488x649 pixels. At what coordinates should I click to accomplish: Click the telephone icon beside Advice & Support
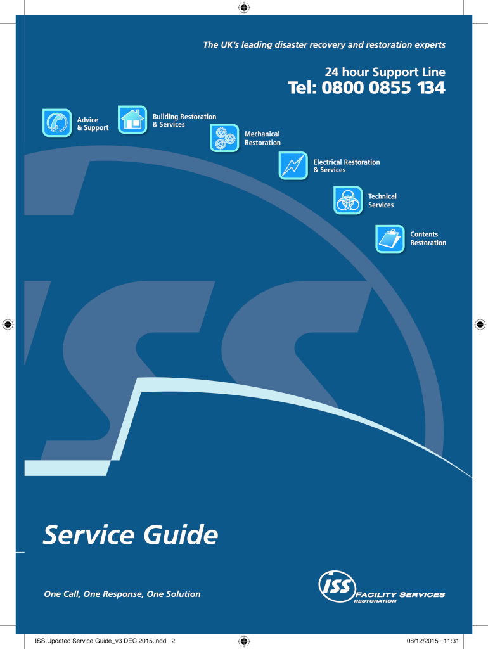coord(57,123)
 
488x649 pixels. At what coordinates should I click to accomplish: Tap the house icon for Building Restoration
coord(132,119)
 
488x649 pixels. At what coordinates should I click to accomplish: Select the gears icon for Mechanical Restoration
coord(225,138)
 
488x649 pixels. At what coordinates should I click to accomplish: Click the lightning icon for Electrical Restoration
coord(293,166)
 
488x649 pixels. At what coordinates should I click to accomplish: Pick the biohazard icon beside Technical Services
coord(348,200)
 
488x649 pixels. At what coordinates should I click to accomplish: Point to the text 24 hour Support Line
coord(385,72)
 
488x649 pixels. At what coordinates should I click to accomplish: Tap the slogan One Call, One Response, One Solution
coord(122,594)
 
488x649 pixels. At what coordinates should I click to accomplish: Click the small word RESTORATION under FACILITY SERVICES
coord(375,601)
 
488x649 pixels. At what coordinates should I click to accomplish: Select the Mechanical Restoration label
coord(262,138)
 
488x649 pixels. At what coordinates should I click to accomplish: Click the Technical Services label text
coord(382,200)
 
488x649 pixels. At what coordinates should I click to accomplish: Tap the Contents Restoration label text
coord(428,238)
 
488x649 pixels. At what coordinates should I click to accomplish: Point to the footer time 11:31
coord(452,641)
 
